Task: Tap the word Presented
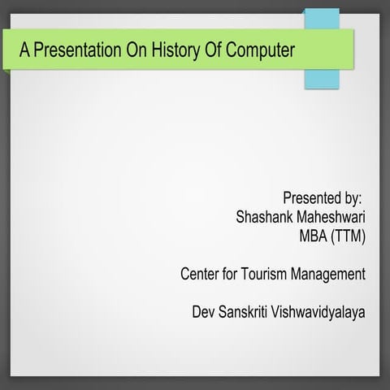click(x=312, y=197)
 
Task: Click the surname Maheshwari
click(x=332, y=217)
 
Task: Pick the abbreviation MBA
click(x=316, y=236)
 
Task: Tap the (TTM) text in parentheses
click(x=350, y=236)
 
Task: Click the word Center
click(x=201, y=275)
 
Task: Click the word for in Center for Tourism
click(x=233, y=275)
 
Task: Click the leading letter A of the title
click(x=25, y=50)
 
